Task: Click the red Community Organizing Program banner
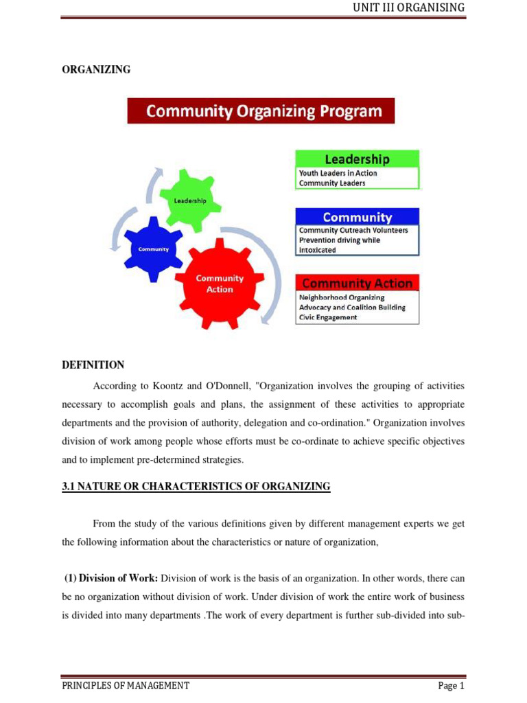(261, 111)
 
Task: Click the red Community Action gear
(220, 284)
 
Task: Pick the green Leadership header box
(357, 159)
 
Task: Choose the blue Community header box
(357, 217)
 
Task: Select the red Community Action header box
(357, 283)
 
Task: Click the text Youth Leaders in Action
(338, 174)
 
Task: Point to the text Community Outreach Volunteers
(353, 231)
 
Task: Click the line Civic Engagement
(327, 318)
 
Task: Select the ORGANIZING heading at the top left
(96, 69)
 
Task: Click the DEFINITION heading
(93, 365)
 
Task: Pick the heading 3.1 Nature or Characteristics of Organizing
(196, 487)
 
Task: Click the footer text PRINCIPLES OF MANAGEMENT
(126, 685)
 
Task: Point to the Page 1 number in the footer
(452, 685)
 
